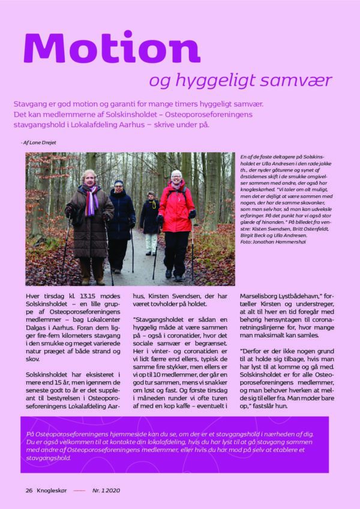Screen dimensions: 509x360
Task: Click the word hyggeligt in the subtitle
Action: (x=212, y=81)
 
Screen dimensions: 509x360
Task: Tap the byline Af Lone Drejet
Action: (x=42, y=142)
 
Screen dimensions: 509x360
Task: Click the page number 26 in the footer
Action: (x=29, y=490)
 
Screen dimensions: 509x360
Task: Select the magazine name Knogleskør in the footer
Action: (x=52, y=490)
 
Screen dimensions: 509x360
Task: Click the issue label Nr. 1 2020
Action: (x=106, y=490)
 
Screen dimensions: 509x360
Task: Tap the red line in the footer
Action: (x=79, y=490)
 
